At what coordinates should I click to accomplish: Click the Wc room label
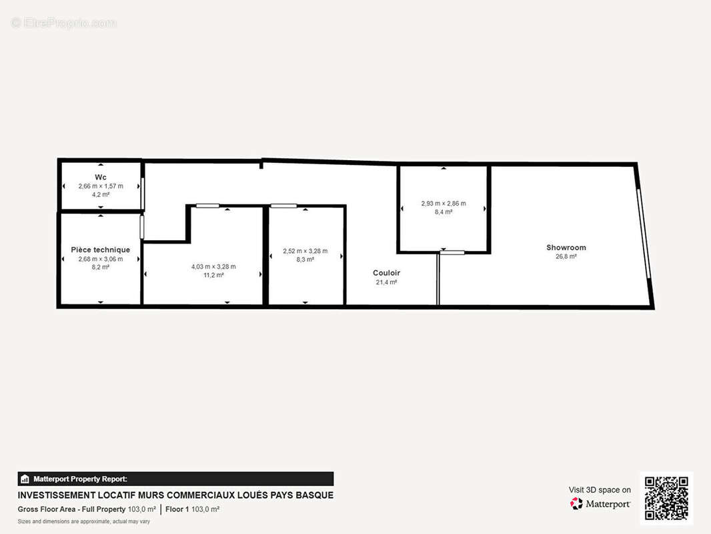pyautogui.click(x=101, y=177)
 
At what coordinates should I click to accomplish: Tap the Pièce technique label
pyautogui.click(x=100, y=250)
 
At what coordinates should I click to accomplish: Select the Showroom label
pyautogui.click(x=566, y=247)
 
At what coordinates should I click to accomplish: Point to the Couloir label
pyautogui.click(x=386, y=272)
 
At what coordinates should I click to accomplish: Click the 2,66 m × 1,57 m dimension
pyautogui.click(x=101, y=186)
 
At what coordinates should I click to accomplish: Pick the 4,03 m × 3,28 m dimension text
pyautogui.click(x=213, y=267)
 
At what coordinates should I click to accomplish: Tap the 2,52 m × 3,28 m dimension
pyautogui.click(x=305, y=251)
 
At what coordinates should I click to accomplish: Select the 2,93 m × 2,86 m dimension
pyautogui.click(x=444, y=204)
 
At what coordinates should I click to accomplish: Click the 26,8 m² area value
pyautogui.click(x=566, y=256)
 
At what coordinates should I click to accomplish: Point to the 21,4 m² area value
pyautogui.click(x=386, y=282)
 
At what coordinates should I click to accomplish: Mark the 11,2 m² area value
pyautogui.click(x=213, y=275)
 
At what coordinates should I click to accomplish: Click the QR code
pyautogui.click(x=666, y=498)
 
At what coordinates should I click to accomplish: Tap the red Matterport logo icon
pyautogui.click(x=576, y=503)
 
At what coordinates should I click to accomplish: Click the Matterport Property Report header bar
pyautogui.click(x=175, y=479)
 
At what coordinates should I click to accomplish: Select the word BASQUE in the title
pyautogui.click(x=315, y=495)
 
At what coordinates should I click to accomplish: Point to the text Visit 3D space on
pyautogui.click(x=600, y=490)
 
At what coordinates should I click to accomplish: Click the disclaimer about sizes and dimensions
pyautogui.click(x=84, y=521)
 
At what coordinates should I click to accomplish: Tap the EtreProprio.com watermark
pyautogui.click(x=64, y=23)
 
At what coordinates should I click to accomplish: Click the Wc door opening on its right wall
pyautogui.click(x=142, y=194)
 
